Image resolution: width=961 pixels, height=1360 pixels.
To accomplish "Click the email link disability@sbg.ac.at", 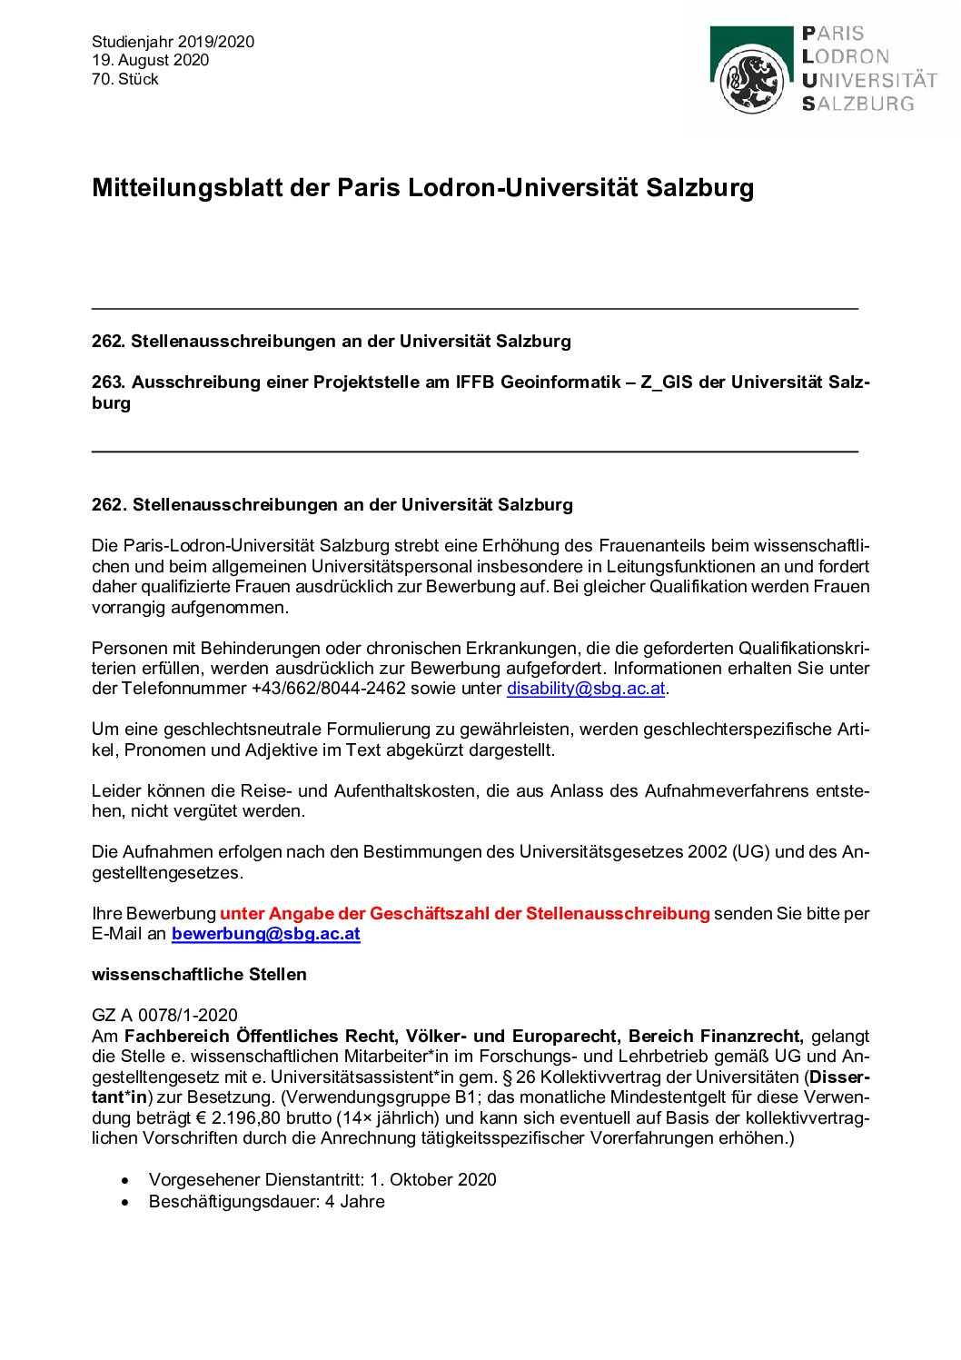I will point(586,689).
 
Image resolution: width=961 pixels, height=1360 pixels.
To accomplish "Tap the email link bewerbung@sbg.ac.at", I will point(265,934).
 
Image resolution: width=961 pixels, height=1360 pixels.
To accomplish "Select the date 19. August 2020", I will point(150,60).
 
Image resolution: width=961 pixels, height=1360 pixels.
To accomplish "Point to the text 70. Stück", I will point(124,79).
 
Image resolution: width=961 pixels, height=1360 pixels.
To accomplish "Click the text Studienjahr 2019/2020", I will point(173,42).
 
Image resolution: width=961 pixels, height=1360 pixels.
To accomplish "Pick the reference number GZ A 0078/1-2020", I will point(164,1016).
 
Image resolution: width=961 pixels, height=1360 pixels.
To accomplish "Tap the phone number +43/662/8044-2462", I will point(328,689).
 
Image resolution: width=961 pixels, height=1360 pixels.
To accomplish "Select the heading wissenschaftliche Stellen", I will point(199,975).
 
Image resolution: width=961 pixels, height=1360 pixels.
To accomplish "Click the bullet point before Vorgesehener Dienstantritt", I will point(125,1180).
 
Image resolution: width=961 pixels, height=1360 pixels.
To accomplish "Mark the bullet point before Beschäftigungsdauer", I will point(125,1202).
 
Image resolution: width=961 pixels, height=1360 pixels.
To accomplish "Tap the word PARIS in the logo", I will point(833,34).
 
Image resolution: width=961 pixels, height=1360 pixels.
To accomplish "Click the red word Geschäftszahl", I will point(430,914).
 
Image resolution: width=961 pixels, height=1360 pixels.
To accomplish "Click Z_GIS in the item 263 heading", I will point(667,382).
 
